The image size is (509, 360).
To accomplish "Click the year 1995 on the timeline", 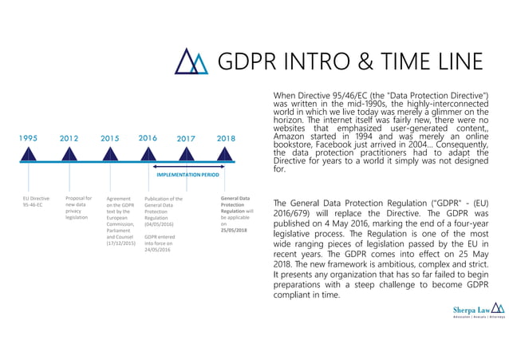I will click(28, 138).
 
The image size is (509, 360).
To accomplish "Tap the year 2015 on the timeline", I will click(110, 138).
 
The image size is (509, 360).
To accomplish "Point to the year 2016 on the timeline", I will click(148, 137).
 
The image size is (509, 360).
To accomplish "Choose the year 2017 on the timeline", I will click(186, 138).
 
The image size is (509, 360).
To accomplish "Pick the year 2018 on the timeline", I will click(227, 138).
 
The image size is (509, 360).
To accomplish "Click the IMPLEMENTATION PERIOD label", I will click(187, 172).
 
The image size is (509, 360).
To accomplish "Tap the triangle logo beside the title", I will click(191, 61).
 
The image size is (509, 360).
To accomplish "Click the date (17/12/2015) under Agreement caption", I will click(120, 243).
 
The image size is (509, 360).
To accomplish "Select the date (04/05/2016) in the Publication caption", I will click(158, 224).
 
